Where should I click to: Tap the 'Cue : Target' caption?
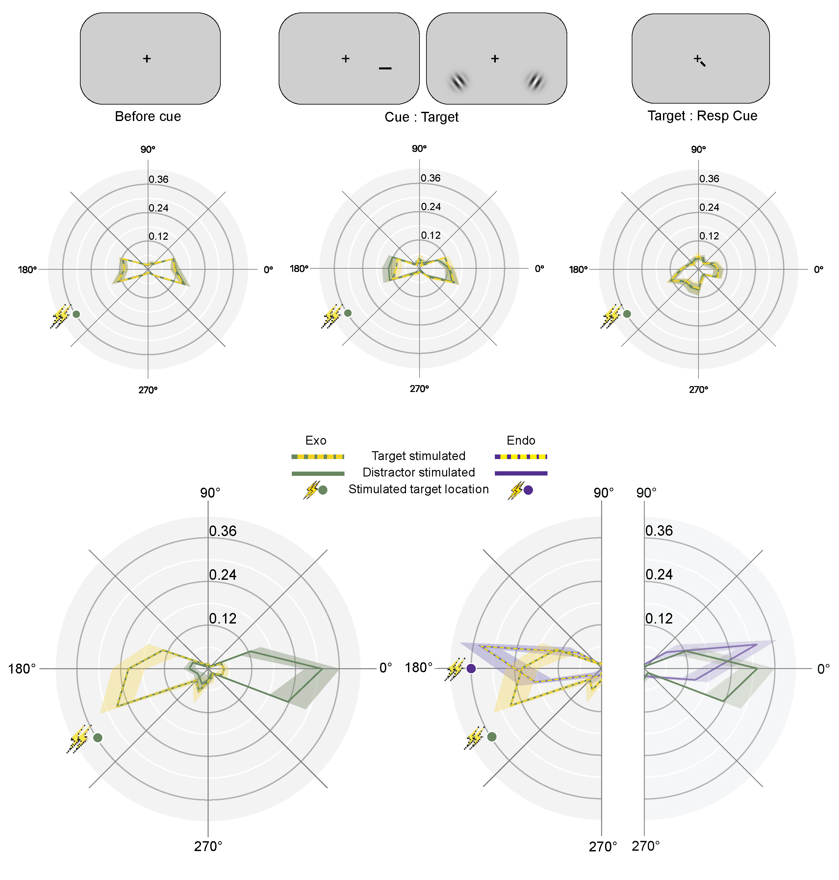tap(421, 117)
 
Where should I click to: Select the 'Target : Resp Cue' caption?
tap(702, 116)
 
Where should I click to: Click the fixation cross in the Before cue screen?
tap(147, 59)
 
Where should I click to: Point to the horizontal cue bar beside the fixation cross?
tap(385, 68)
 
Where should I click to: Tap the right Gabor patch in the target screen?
tap(535, 81)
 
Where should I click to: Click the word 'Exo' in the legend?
tap(316, 440)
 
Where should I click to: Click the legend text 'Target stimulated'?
tap(418, 456)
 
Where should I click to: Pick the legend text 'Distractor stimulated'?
tap(418, 473)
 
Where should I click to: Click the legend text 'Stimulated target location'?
tap(418, 489)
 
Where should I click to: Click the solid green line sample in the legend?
tap(318, 473)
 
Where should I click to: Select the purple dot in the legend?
tap(528, 490)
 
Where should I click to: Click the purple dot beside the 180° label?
tap(471, 669)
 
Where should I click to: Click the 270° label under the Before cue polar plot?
tap(148, 390)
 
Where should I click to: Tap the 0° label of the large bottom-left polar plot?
tap(386, 668)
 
